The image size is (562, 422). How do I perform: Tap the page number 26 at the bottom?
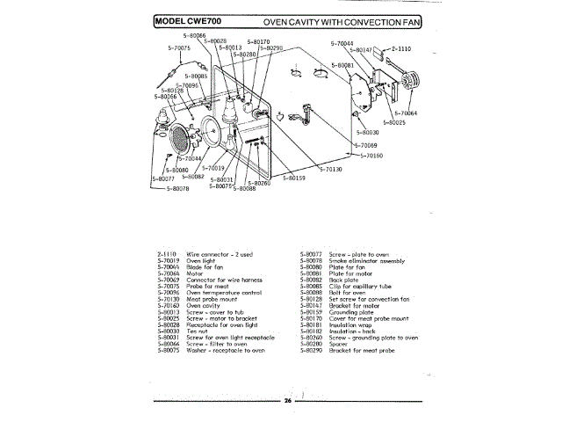(x=287, y=400)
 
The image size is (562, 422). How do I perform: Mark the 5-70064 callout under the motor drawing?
(x=404, y=113)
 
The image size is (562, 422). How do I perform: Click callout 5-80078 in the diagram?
(x=172, y=188)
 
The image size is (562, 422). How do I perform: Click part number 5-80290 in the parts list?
(x=313, y=351)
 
